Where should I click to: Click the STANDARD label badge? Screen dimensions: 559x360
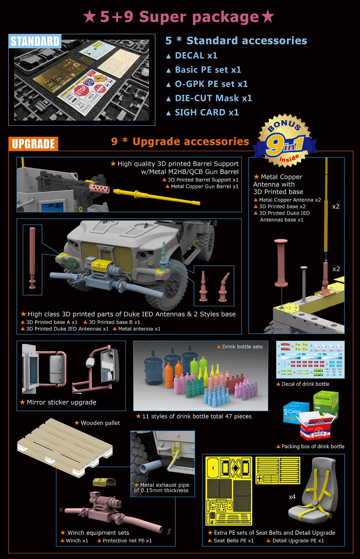pyautogui.click(x=35, y=41)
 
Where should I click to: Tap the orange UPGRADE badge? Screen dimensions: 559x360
pyautogui.click(x=33, y=143)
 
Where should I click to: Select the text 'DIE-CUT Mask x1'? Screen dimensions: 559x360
pyautogui.click(x=213, y=98)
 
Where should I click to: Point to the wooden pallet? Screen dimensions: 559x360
pyautogui.click(x=64, y=447)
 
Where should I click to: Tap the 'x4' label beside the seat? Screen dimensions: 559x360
pyautogui.click(x=292, y=497)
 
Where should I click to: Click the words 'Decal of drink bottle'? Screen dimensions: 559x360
pyautogui.click(x=305, y=384)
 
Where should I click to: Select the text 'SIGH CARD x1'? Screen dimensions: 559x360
pyautogui.click(x=206, y=112)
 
